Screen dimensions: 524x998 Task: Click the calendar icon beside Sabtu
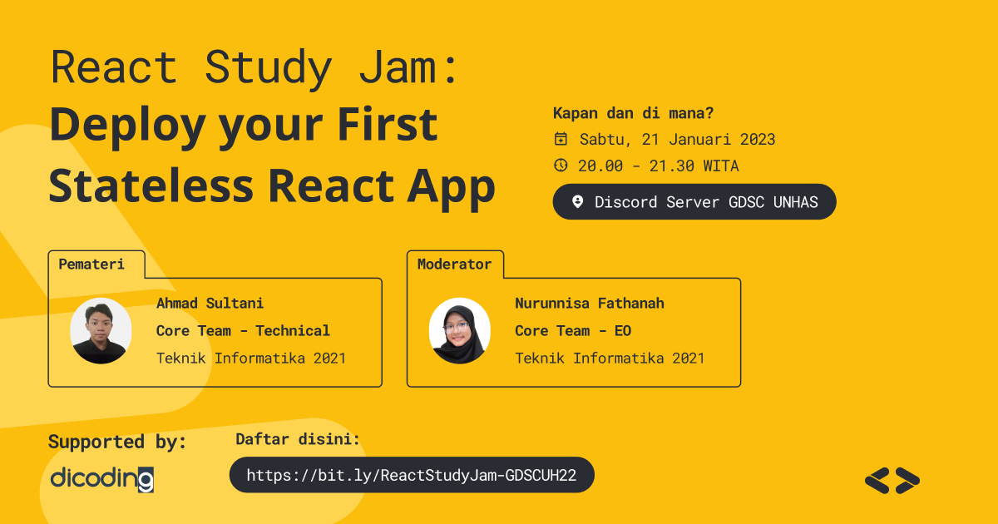(x=561, y=139)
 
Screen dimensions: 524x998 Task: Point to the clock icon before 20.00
(x=561, y=165)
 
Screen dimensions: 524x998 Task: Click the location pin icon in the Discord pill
(x=578, y=202)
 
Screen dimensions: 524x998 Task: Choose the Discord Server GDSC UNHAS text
(x=706, y=202)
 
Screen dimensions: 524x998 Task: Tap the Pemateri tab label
(x=91, y=264)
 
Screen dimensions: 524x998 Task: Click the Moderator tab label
(x=454, y=264)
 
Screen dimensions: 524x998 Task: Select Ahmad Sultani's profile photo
(x=101, y=331)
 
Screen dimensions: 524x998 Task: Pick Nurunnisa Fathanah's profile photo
(x=459, y=331)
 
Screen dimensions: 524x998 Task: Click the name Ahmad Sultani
(x=210, y=304)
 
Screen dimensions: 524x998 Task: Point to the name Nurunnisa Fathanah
(x=589, y=304)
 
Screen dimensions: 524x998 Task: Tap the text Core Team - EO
(x=572, y=331)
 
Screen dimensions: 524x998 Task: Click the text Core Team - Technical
(x=243, y=331)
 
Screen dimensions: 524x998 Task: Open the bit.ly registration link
(x=412, y=476)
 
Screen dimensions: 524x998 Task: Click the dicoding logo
(x=101, y=479)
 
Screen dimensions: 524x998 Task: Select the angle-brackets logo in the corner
(x=892, y=480)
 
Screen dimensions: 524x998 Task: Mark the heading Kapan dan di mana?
(x=627, y=113)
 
